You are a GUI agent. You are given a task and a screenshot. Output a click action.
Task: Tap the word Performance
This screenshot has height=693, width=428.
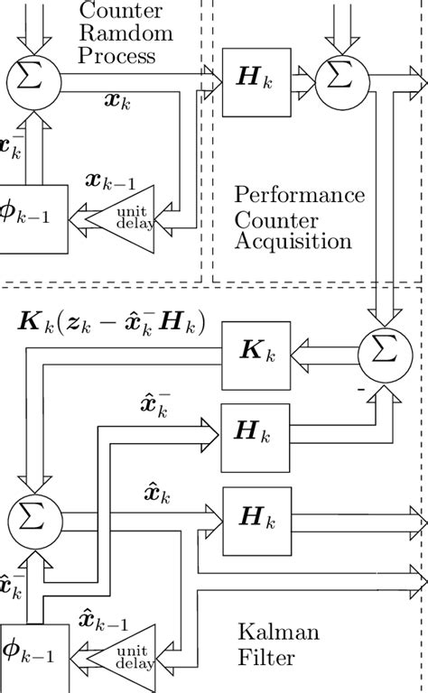(x=298, y=196)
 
